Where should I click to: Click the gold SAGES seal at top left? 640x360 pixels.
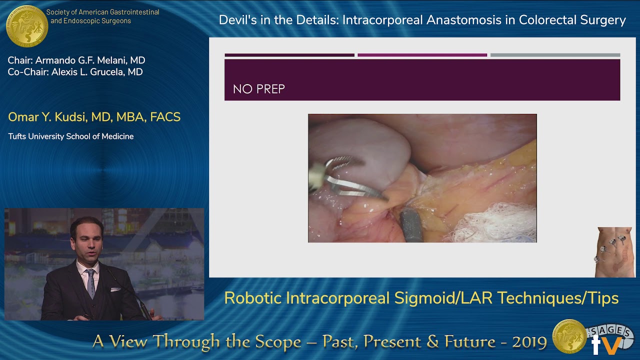point(27,26)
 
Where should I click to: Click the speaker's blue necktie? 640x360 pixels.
point(90,282)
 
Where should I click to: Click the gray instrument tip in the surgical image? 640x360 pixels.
point(411,225)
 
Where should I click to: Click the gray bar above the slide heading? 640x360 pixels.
point(555,55)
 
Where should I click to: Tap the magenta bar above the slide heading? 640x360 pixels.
point(422,55)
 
